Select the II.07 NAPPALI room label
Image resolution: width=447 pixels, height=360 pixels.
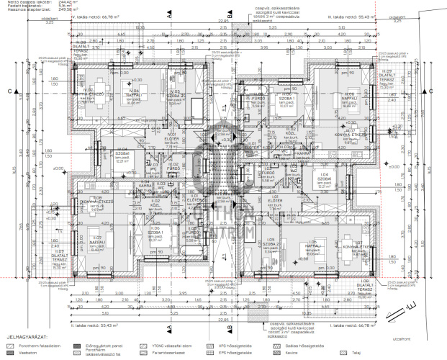96,244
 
